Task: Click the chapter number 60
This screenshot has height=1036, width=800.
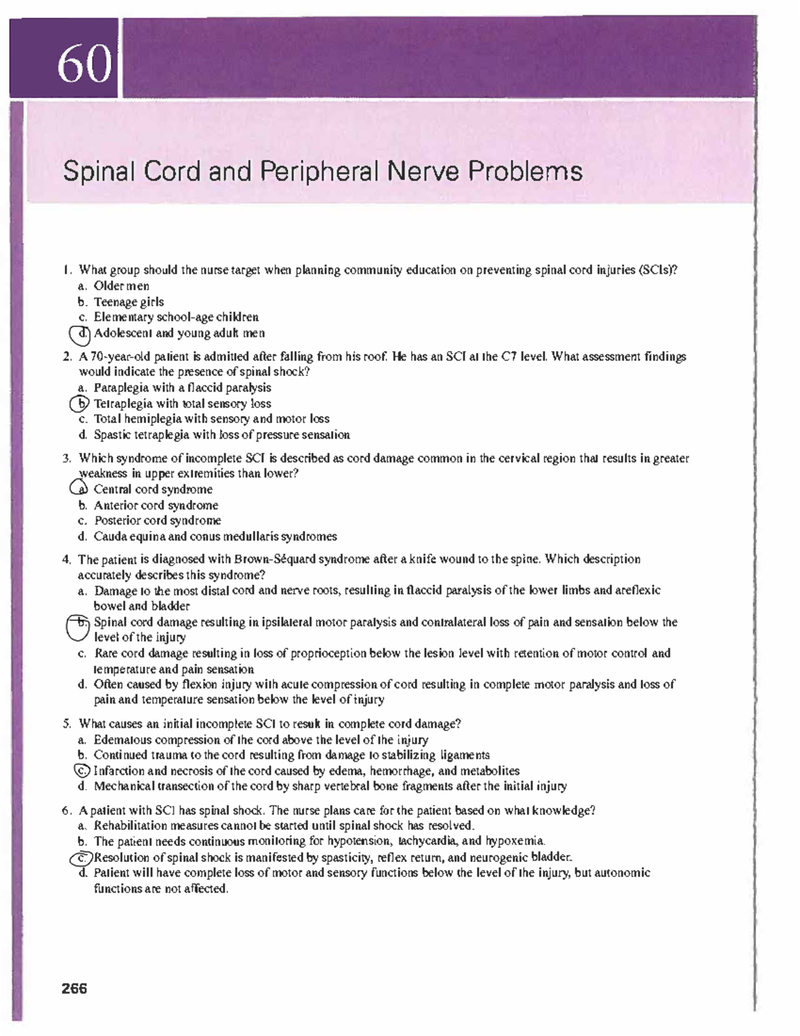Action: pos(84,65)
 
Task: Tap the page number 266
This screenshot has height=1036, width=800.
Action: pos(74,989)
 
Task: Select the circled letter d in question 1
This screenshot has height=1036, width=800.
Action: pos(81,333)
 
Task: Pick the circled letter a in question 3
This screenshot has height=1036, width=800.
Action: pos(80,489)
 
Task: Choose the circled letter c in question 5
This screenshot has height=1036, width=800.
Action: pos(81,770)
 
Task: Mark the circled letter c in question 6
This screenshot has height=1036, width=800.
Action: pos(81,857)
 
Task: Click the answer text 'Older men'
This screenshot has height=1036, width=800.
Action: pos(121,286)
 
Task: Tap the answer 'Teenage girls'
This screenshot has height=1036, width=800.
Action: pos(129,302)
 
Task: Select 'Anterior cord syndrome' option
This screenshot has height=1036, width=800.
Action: pos(156,505)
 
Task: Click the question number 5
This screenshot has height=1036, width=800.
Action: pos(67,724)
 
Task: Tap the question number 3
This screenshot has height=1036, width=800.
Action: pos(67,458)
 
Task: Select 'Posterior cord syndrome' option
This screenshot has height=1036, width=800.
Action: pos(157,520)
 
